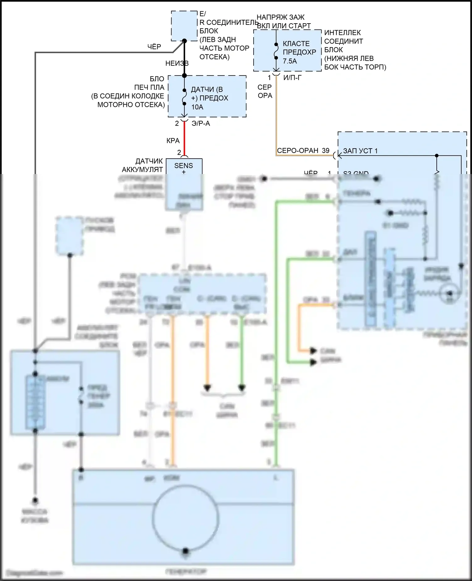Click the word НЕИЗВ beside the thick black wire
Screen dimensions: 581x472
177,63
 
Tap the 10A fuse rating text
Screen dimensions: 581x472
197,107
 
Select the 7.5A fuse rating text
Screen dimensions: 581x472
289,61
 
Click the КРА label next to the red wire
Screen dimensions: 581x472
173,141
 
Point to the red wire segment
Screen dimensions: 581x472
184,138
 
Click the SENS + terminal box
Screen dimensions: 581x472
184,167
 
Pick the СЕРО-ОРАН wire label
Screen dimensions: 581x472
297,151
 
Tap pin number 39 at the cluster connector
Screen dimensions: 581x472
326,151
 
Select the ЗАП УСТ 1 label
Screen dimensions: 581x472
360,151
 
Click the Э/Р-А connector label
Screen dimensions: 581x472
200,124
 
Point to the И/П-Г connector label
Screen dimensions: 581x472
292,78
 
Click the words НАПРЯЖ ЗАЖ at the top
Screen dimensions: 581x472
280,17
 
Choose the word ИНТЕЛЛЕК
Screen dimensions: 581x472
342,33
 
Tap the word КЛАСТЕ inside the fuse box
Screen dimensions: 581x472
296,44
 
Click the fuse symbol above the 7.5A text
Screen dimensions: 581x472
276,51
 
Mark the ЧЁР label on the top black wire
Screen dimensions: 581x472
154,47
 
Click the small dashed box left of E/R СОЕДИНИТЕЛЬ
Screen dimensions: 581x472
184,26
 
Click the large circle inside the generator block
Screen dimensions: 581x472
185,518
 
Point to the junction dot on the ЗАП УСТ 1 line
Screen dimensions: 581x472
436,155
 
